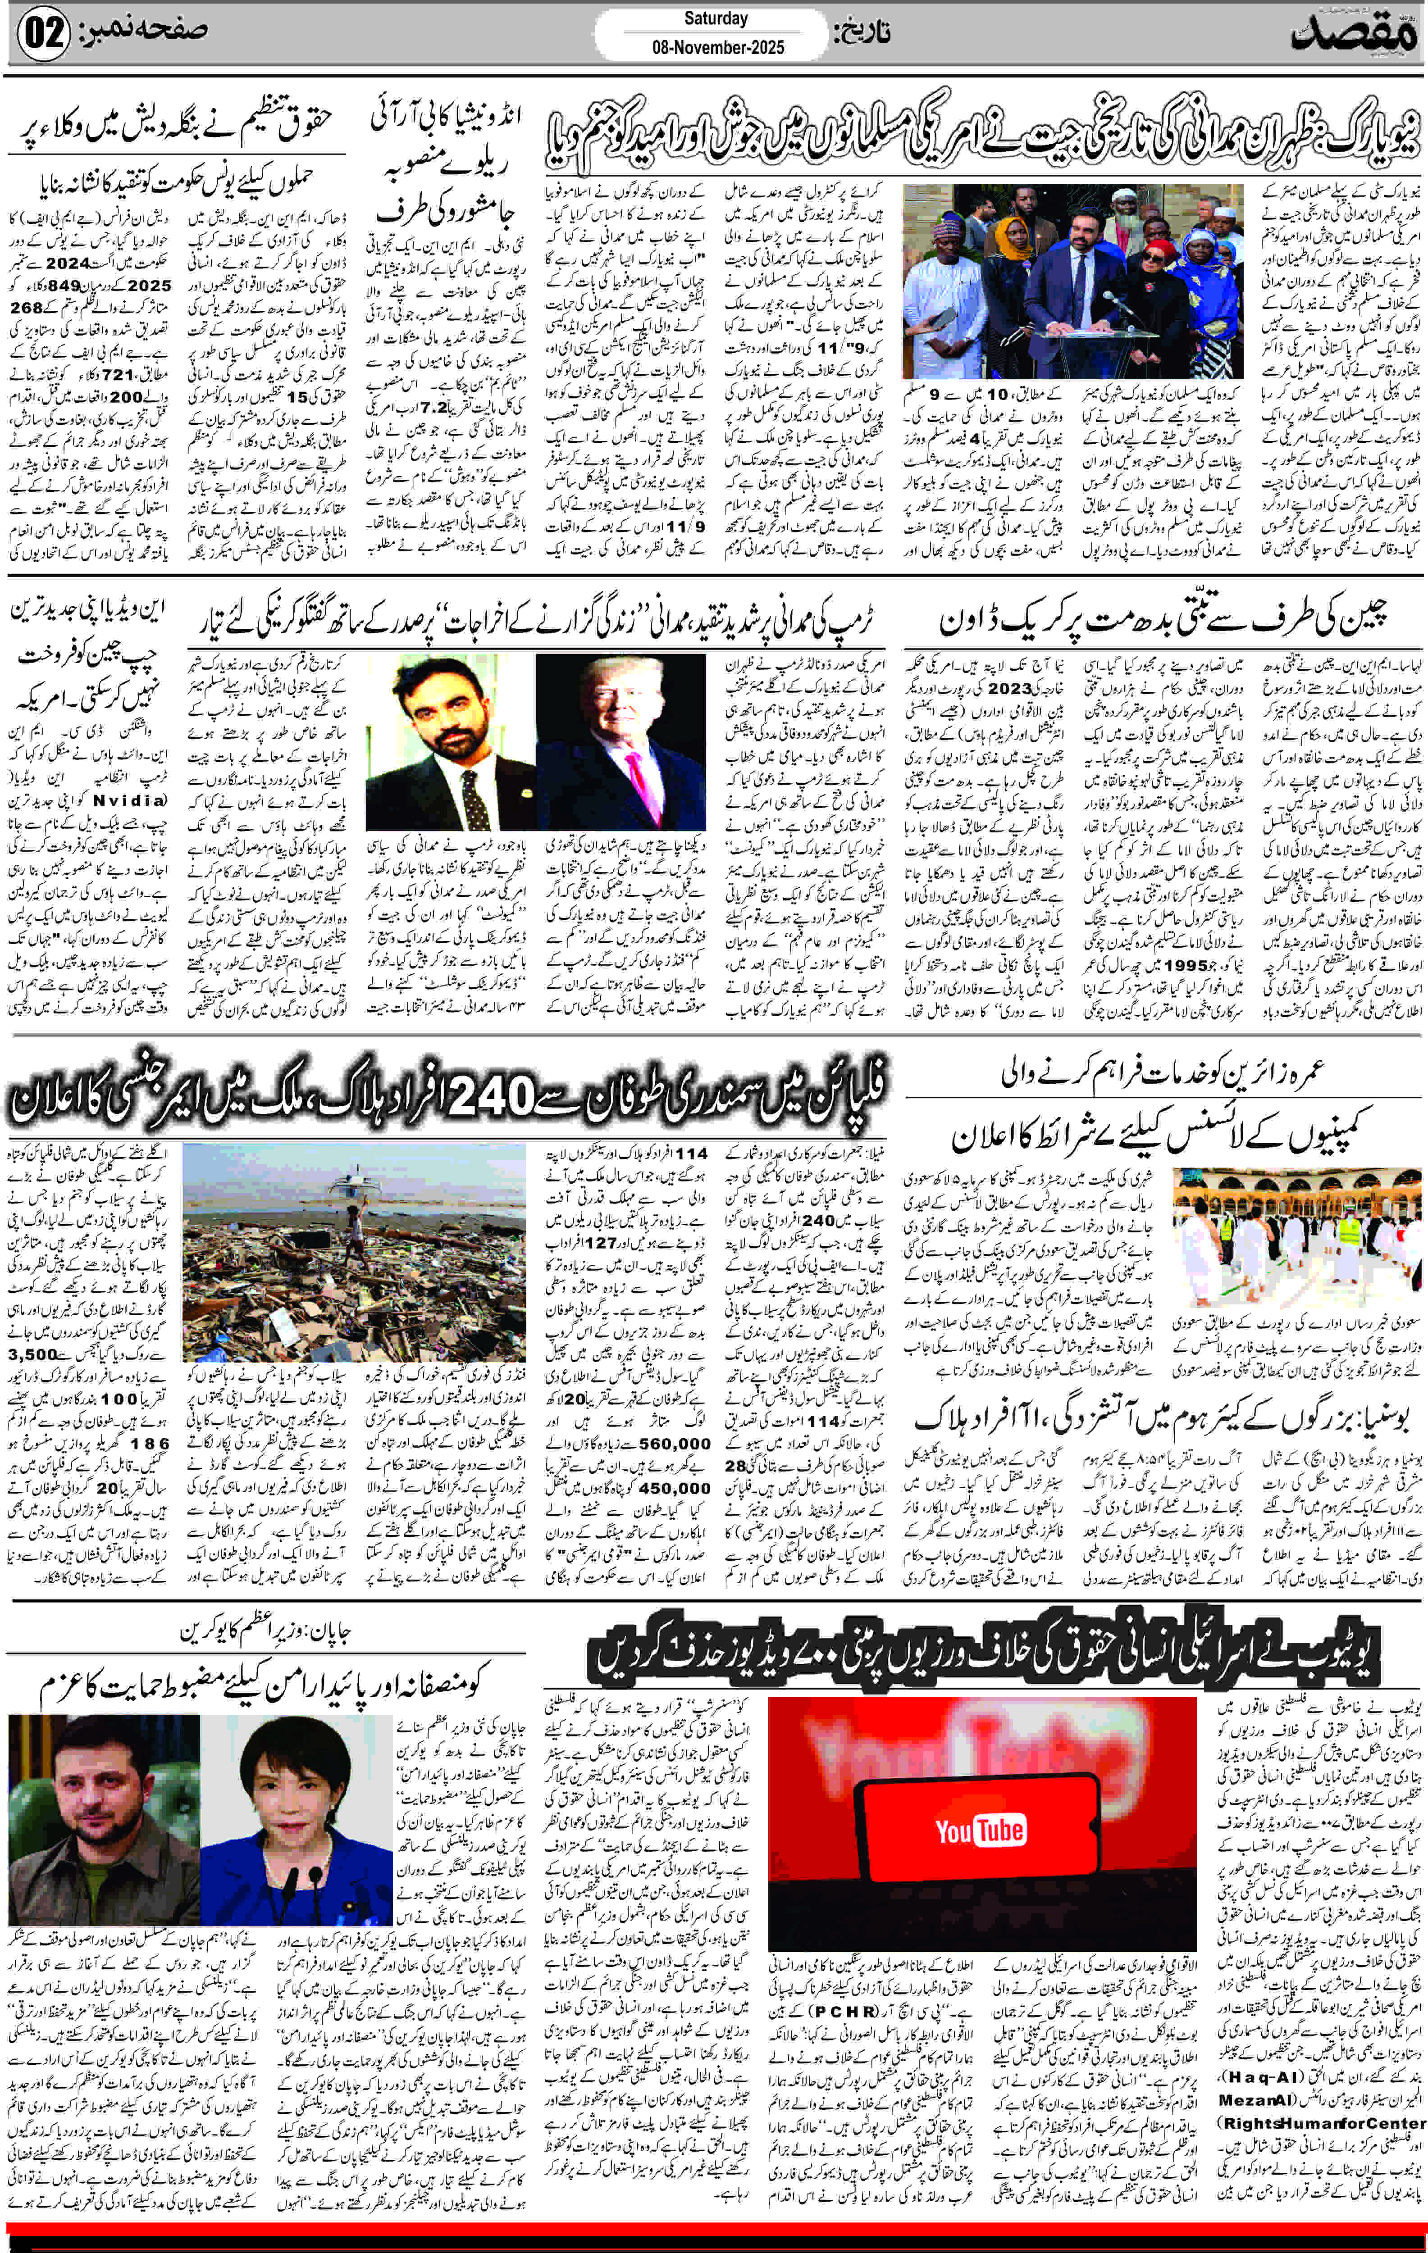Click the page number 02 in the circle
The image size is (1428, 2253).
tap(43, 34)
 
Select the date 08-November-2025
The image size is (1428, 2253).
tap(718, 47)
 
